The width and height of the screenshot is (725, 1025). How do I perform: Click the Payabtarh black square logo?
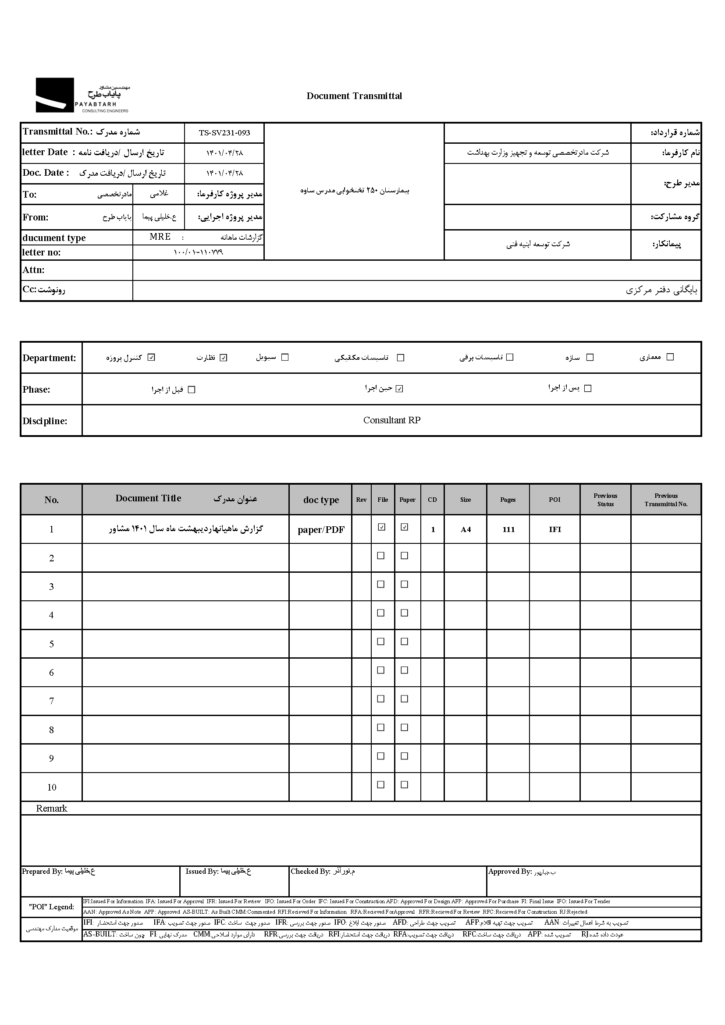tap(54, 95)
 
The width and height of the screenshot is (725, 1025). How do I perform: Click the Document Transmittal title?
tap(354, 96)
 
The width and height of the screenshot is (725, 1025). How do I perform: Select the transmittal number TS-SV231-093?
tap(224, 133)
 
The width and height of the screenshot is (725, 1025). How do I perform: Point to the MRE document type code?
tap(160, 237)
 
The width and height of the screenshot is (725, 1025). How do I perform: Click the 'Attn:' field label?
tap(33, 270)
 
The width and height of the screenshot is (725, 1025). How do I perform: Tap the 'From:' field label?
tap(35, 217)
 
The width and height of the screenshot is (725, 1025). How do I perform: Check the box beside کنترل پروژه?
tap(151, 357)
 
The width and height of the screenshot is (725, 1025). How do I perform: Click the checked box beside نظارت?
tap(224, 357)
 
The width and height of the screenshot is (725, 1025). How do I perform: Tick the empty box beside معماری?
tap(670, 357)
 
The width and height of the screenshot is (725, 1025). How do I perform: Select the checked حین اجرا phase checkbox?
tap(400, 388)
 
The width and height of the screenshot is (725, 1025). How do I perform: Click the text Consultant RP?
tap(391, 420)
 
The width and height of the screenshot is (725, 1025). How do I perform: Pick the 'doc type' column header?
tap(320, 500)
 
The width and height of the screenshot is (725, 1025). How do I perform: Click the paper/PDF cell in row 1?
tap(320, 529)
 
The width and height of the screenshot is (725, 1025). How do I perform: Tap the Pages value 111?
tap(508, 529)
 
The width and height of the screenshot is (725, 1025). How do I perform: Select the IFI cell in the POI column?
tap(554, 529)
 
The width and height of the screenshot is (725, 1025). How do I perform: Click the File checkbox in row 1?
tap(381, 527)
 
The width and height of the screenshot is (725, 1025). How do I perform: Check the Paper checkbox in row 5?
tap(405, 642)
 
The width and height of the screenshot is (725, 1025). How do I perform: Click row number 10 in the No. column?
tap(51, 787)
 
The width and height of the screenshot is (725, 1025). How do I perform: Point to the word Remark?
tap(51, 808)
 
